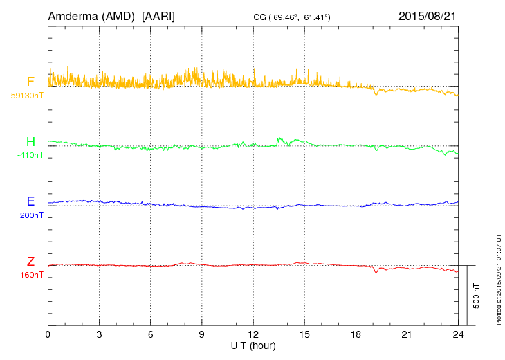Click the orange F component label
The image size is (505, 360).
[x=30, y=82]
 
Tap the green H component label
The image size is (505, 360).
[x=30, y=142]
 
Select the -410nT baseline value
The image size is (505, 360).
[x=30, y=155]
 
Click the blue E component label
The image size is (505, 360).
[x=30, y=201]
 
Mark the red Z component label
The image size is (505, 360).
[x=30, y=262]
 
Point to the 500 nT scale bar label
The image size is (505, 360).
[x=476, y=296]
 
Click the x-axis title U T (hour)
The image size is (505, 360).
[x=254, y=344]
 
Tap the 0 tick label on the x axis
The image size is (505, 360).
[x=48, y=334]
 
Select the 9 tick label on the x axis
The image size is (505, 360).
[x=202, y=334]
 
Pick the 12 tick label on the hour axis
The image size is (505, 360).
[x=253, y=334]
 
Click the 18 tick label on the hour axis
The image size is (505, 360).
[x=356, y=334]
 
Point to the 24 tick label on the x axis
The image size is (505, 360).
[x=458, y=334]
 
